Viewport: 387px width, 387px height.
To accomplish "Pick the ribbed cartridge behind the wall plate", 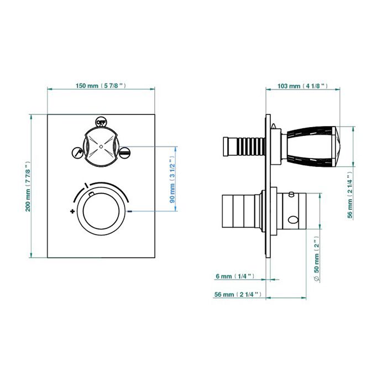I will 244,147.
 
